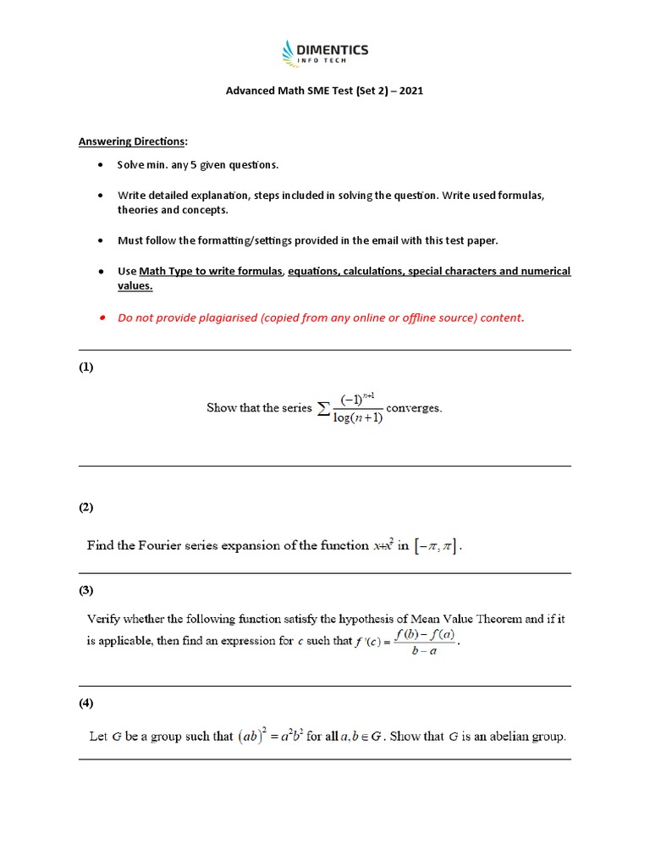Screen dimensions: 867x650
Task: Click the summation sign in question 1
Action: (323, 409)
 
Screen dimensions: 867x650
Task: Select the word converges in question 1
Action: (414, 407)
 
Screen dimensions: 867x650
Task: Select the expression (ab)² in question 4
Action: (253, 736)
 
